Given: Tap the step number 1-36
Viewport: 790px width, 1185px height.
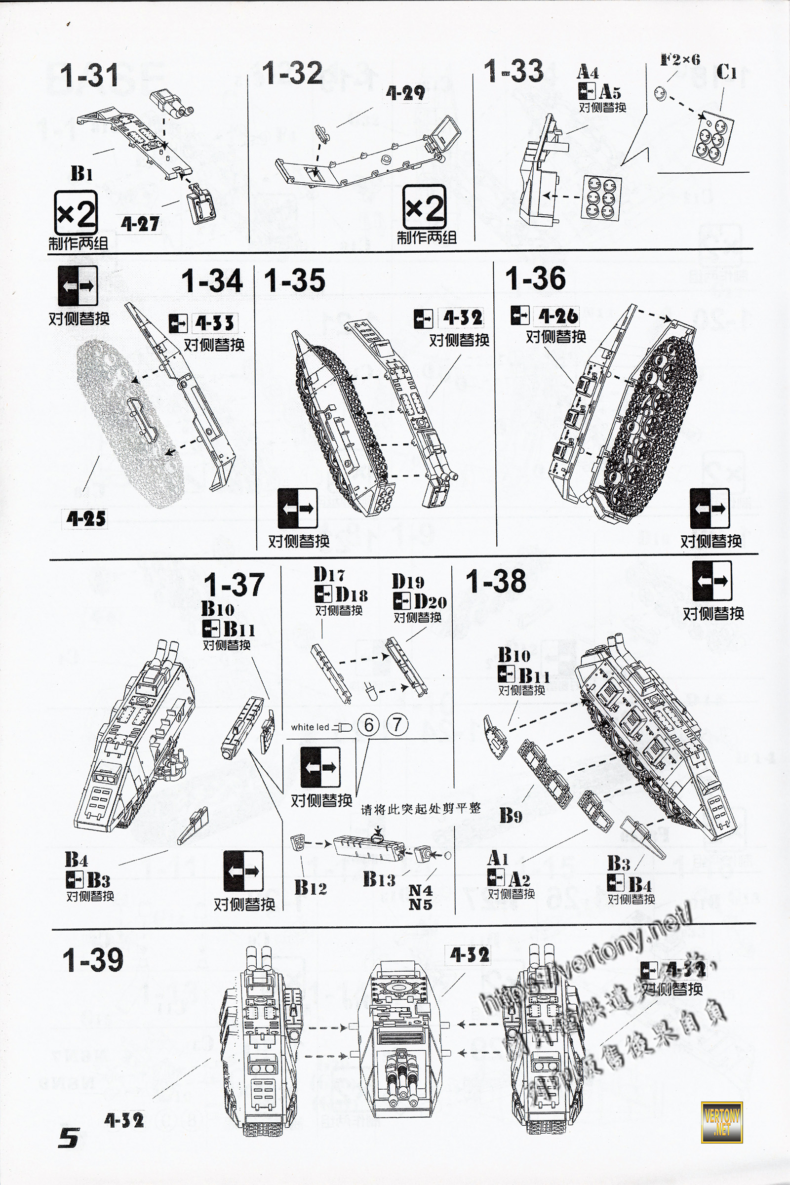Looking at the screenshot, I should click(x=535, y=277).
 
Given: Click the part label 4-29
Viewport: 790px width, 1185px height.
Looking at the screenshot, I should click(x=405, y=92).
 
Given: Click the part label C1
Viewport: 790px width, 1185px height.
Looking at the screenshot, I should click(x=726, y=73).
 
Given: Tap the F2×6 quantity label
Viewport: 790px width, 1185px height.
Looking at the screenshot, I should click(x=680, y=60).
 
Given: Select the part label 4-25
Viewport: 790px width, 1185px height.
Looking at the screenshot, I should click(x=86, y=518).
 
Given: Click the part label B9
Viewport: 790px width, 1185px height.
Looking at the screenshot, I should click(x=511, y=816).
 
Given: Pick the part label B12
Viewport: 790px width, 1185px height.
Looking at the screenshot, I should click(x=311, y=887).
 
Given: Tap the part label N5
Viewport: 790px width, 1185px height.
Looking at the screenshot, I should click(x=420, y=905).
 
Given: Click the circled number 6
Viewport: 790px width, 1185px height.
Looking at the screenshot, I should click(x=369, y=725).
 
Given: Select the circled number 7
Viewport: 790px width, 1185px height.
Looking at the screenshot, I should click(x=397, y=725).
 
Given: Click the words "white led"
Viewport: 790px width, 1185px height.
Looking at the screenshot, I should click(x=310, y=727).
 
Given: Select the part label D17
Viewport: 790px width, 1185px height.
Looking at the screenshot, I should click(x=329, y=574).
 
